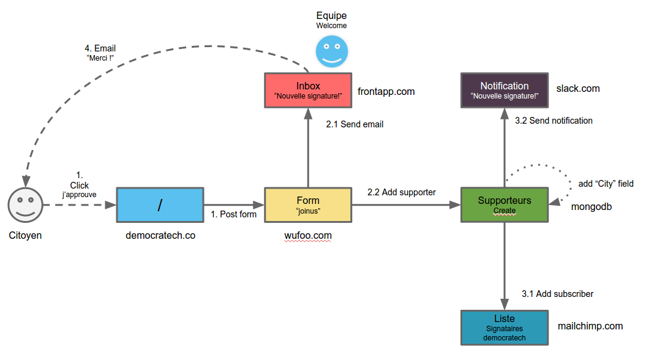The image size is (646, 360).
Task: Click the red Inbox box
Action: click(307, 90)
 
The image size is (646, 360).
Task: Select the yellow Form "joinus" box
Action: click(307, 205)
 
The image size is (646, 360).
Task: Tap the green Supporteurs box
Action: click(504, 205)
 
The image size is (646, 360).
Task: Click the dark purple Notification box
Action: click(504, 90)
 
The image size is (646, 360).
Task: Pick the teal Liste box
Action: click(504, 328)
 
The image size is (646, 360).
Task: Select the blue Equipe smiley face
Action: click(331, 51)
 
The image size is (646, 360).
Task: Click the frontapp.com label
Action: click(386, 91)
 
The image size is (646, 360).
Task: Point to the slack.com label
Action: click(577, 89)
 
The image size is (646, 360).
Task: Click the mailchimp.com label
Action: click(590, 326)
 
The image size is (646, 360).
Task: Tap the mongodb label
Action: click(591, 207)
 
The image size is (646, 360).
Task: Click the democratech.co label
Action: click(160, 235)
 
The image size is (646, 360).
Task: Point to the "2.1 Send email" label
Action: click(355, 124)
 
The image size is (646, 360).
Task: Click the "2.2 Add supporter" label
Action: click(401, 192)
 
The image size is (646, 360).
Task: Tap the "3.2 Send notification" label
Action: click(554, 121)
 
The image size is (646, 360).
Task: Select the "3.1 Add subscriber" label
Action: click(557, 294)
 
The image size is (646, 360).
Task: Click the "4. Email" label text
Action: click(100, 48)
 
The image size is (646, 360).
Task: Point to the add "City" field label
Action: click(606, 184)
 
